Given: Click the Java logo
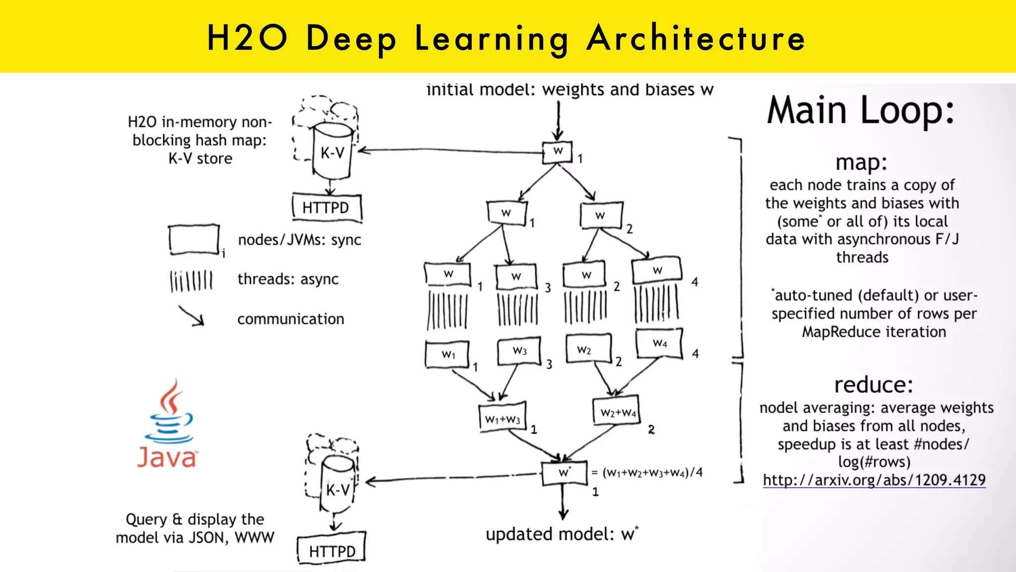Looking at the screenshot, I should pyautogui.click(x=168, y=425).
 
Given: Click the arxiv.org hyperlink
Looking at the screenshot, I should pyautogui.click(x=874, y=480).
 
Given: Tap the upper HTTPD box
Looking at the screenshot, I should pyautogui.click(x=326, y=207).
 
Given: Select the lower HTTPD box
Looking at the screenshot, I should pyautogui.click(x=332, y=550).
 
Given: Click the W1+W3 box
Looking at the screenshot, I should pyautogui.click(x=503, y=418).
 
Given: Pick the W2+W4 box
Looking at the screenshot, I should pyautogui.click(x=617, y=412).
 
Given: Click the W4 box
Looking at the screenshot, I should pyautogui.click(x=660, y=343).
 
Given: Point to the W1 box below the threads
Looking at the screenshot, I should pyautogui.click(x=447, y=354).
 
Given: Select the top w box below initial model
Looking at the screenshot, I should pyautogui.click(x=558, y=151).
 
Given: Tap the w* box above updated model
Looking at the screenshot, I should pyautogui.click(x=564, y=472).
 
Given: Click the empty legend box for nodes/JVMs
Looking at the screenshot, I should pyautogui.click(x=193, y=240).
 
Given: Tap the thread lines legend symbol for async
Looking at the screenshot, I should pyautogui.click(x=191, y=281).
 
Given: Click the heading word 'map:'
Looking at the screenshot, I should pyautogui.click(x=861, y=162).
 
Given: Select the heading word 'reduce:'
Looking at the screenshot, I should pyautogui.click(x=874, y=385).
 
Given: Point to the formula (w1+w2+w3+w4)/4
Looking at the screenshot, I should pyautogui.click(x=652, y=472).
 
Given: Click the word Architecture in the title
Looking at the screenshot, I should pyautogui.click(x=696, y=38).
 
